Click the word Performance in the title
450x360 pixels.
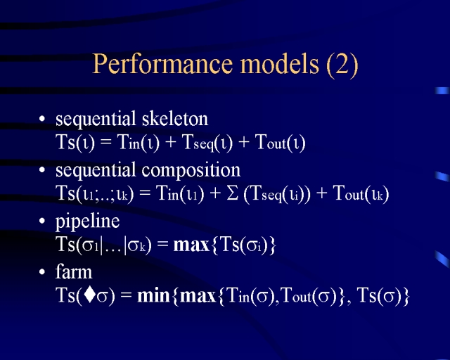tap(162, 64)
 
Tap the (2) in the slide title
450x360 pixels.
tap(342, 65)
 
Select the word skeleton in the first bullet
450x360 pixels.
tap(175, 119)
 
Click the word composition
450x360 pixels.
tap(191, 171)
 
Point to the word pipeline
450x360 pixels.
tap(87, 222)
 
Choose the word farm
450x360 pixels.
tap(74, 271)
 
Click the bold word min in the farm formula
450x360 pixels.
tap(153, 295)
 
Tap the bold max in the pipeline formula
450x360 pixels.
tap(191, 245)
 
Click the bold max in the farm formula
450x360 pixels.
tap(198, 296)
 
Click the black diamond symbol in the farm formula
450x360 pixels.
tap(90, 295)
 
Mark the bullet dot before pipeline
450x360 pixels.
tap(42, 221)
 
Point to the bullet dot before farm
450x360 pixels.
tap(42, 271)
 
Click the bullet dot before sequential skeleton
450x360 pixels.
tap(42, 119)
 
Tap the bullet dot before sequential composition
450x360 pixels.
tap(42, 169)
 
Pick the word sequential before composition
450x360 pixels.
tap(96, 171)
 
